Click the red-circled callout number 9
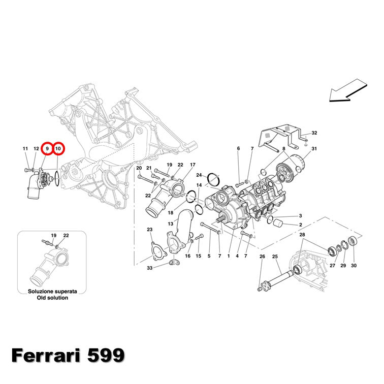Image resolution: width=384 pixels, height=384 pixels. click(47, 149)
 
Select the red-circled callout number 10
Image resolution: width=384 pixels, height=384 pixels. click(58, 149)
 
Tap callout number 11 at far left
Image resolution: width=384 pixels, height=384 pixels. click(25, 149)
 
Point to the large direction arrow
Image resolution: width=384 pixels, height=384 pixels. click(348, 90)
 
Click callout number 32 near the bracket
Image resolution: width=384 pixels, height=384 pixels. click(314, 133)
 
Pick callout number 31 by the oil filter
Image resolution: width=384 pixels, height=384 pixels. click(314, 149)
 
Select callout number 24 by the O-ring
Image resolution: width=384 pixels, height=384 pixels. click(199, 175)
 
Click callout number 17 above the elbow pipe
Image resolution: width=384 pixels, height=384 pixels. click(193, 165)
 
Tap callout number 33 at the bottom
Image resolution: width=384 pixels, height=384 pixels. click(150, 268)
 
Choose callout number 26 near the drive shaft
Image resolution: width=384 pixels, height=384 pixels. click(262, 257)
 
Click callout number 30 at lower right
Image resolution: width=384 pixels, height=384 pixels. click(354, 266)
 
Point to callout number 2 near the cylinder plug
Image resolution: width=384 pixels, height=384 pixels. click(301, 225)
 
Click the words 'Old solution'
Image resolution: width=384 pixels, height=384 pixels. click(52, 298)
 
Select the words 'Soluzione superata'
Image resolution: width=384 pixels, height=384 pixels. click(52, 292)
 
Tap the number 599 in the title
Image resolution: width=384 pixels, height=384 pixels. click(106, 356)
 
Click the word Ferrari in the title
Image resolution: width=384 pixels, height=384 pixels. click(46, 356)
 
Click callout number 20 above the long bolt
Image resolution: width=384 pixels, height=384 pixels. click(139, 168)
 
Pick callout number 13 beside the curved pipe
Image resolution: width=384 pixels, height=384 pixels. click(171, 223)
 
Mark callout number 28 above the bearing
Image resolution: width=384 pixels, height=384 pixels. click(302, 235)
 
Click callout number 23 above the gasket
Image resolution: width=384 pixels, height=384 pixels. click(150, 230)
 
